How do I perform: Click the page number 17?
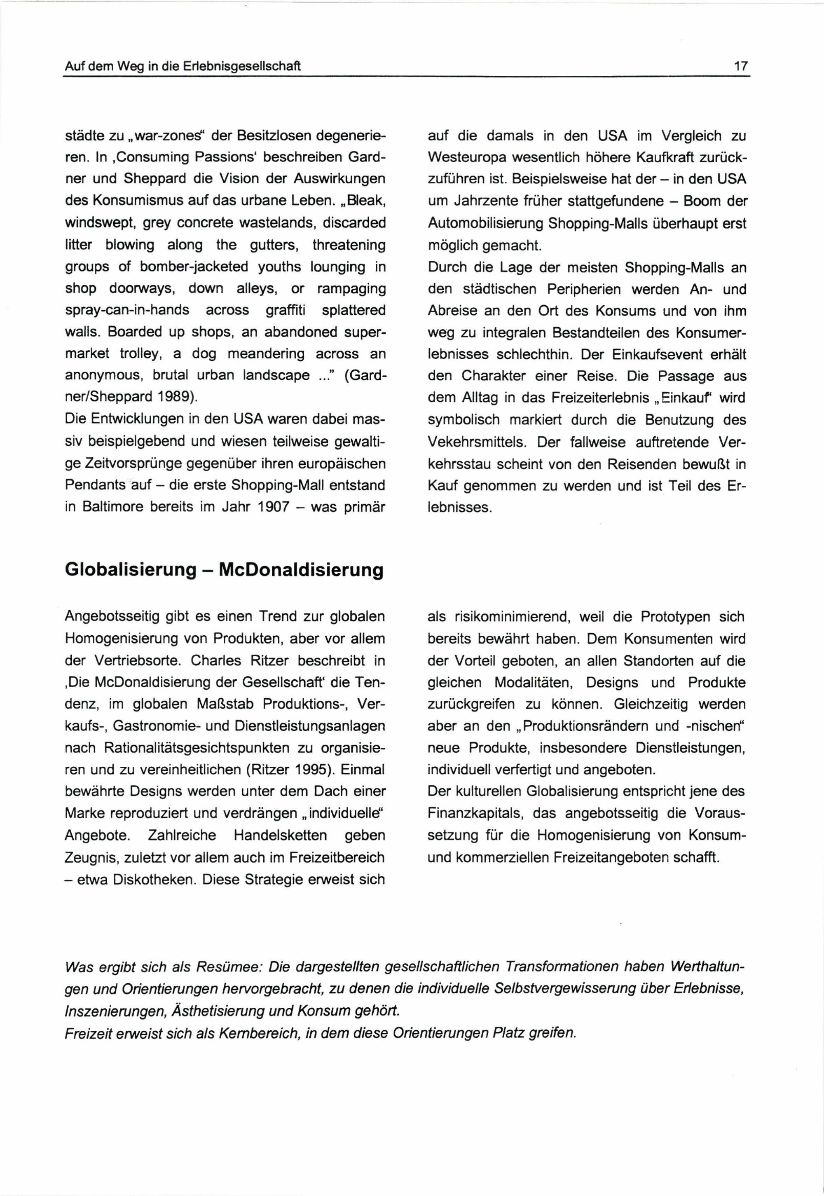[741, 67]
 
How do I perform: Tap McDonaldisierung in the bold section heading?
[301, 570]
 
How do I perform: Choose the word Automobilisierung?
[485, 224]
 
